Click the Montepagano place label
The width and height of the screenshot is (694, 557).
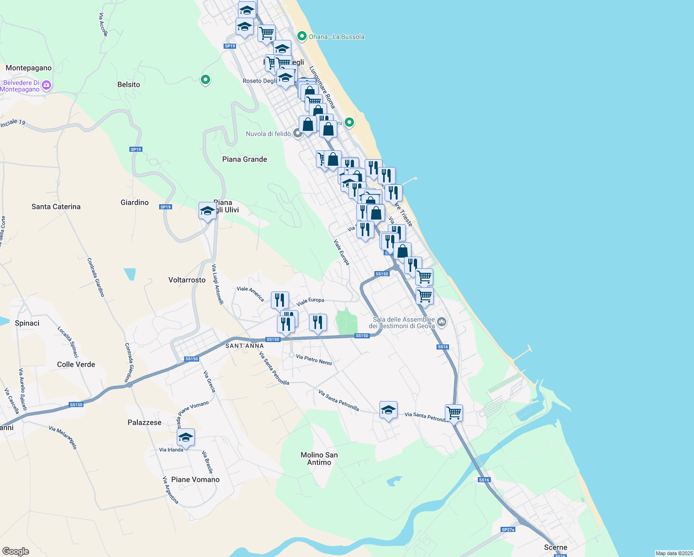coord(29,68)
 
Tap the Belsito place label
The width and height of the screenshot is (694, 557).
coord(129,84)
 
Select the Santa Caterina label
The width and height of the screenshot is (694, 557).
coord(56,207)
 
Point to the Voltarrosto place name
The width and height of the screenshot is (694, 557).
coord(186,280)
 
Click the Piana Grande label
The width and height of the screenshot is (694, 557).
coord(244,159)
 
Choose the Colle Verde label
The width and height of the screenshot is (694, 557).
coord(76,364)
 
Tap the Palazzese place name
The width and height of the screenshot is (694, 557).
coord(144,422)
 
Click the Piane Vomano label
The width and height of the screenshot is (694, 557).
coord(195,479)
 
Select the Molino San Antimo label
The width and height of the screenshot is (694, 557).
coord(319,459)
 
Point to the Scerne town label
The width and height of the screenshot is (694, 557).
coord(555,547)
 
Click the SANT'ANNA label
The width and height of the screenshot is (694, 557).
coord(244,346)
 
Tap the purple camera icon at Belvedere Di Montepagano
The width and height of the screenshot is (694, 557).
coord(46,85)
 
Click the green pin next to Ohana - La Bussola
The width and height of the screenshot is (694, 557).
coord(302,36)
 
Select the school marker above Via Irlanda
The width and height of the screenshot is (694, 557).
coord(186,438)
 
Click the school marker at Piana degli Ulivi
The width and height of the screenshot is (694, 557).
coord(207,211)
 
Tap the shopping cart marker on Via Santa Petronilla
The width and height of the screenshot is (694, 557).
coord(454,412)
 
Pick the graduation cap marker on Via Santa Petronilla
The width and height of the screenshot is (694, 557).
coord(388,410)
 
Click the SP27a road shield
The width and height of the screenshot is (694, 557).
coord(508,530)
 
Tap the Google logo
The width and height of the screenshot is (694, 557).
coord(16,551)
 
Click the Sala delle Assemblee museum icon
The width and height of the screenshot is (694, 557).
coord(442,322)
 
